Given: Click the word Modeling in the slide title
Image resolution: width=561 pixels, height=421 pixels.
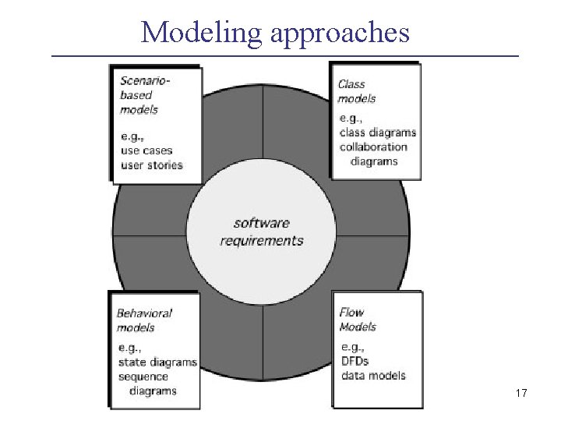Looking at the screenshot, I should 192,33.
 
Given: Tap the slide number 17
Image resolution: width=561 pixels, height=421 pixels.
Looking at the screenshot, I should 521,394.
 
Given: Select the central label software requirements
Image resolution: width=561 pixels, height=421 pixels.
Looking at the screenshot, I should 261,232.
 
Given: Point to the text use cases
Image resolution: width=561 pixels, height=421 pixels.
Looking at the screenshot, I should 146,150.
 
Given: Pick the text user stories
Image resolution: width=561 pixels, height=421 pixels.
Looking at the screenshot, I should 151,165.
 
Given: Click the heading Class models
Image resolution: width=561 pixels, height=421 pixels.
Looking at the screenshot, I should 357,91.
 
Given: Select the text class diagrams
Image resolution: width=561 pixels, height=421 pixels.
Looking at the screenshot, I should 378,133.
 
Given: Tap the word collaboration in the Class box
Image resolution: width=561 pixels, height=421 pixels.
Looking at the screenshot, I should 373,147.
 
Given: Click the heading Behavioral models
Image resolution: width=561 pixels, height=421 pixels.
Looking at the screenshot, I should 144,320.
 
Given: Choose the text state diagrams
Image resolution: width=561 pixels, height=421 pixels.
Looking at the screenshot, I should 157,363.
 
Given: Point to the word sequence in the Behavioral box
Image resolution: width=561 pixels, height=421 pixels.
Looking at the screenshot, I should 143,377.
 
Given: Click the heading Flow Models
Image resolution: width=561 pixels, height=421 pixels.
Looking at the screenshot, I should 358,320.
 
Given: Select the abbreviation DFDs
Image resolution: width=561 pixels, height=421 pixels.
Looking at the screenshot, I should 355,361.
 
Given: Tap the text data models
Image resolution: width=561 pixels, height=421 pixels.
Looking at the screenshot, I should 373,375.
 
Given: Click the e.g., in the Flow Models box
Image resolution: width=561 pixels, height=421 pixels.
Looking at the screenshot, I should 352,347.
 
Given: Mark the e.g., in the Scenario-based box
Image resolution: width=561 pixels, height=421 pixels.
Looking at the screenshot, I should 132,136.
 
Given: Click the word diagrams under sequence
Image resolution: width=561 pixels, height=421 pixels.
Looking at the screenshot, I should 153,391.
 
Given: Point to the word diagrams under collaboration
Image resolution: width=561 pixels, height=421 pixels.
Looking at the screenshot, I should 374,161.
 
